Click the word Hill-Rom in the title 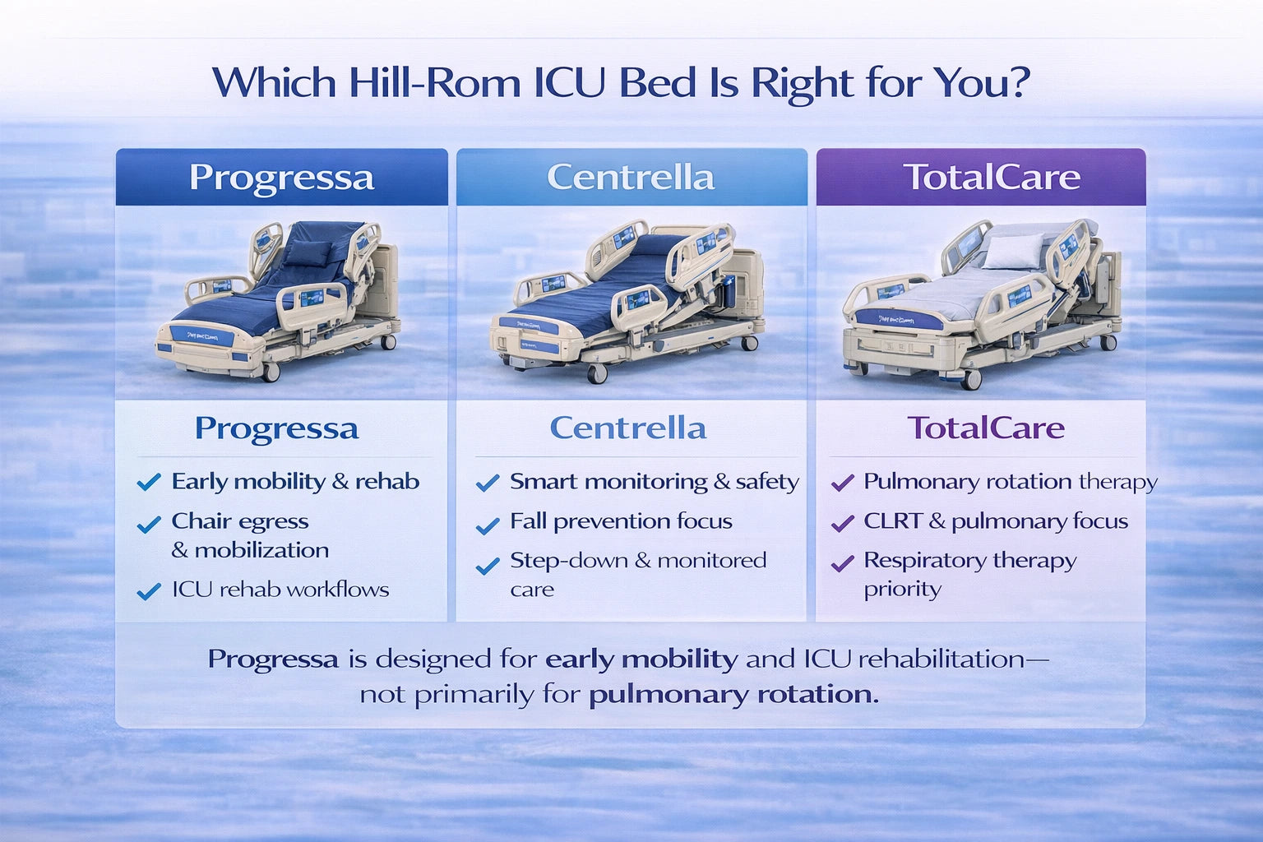click(434, 83)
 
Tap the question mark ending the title click(1019, 83)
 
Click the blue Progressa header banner click(281, 178)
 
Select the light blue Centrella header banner click(631, 178)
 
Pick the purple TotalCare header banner click(980, 178)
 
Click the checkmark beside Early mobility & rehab click(149, 483)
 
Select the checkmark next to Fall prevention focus click(488, 525)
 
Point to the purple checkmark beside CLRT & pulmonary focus click(843, 523)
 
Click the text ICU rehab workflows click(280, 590)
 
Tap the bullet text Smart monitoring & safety click(654, 482)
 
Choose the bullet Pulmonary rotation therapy click(1010, 482)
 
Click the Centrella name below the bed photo click(628, 428)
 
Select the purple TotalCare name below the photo click(985, 428)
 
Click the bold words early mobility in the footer click(641, 659)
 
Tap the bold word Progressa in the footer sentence click(273, 659)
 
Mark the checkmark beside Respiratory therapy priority click(843, 564)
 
